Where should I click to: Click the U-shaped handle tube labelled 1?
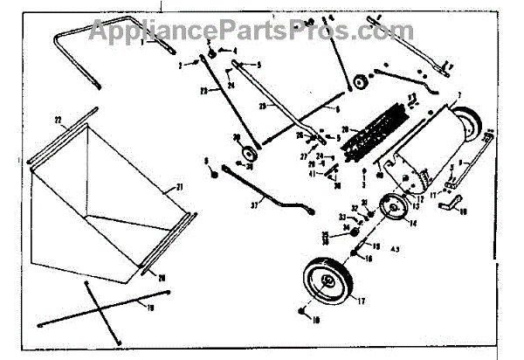pyautogui.click(x=79, y=52)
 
